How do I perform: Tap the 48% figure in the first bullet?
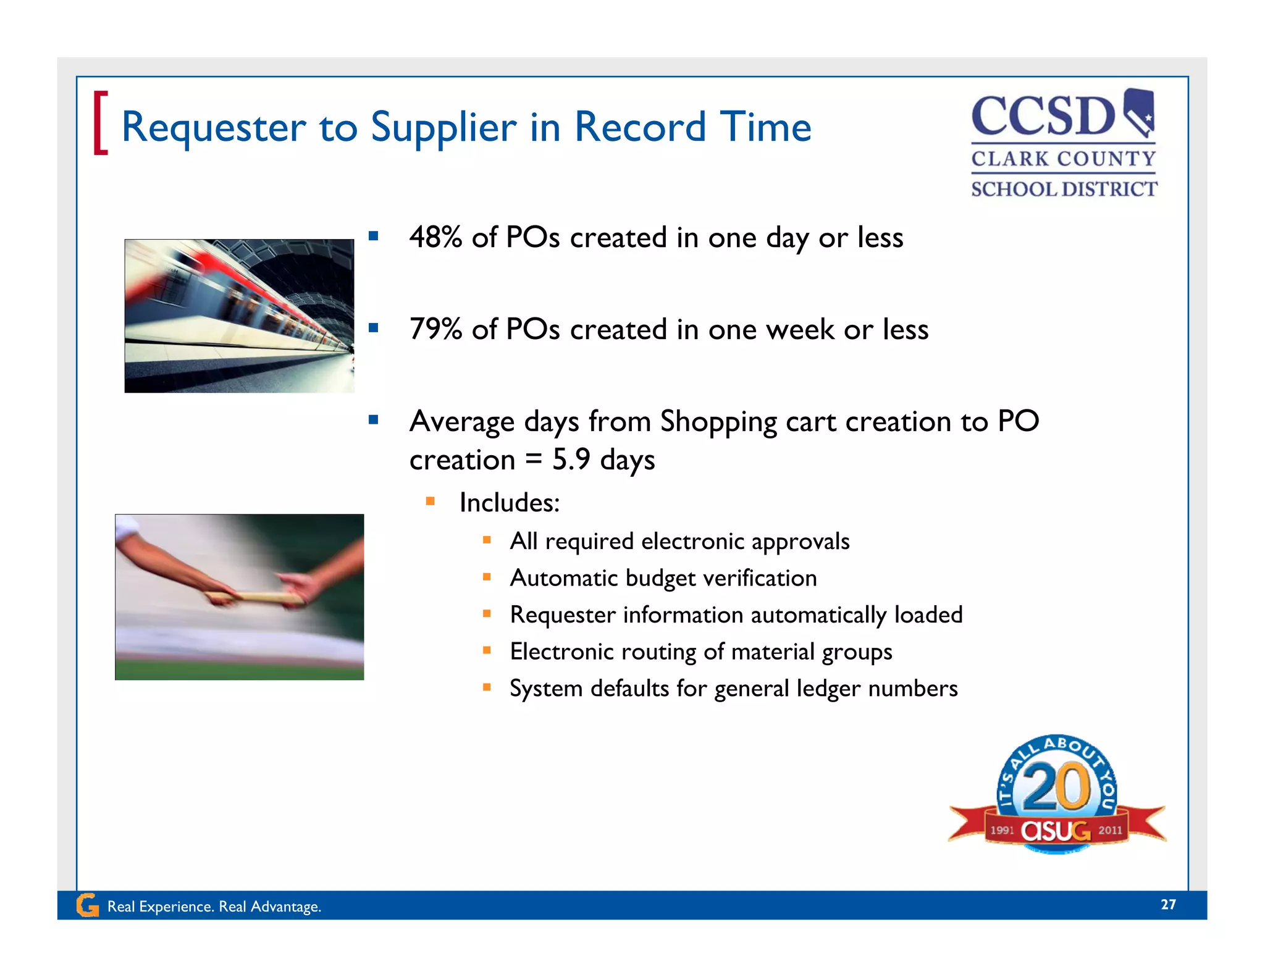[435, 237]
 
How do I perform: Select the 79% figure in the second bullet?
[435, 329]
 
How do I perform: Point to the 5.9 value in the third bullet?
[571, 459]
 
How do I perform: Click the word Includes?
[509, 503]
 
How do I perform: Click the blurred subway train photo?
[239, 316]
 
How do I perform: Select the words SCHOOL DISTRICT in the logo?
[1064, 189]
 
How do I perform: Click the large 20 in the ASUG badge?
[1056, 787]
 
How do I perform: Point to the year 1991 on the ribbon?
[1002, 831]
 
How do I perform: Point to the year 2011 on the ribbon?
[1110, 831]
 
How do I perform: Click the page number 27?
[1168, 905]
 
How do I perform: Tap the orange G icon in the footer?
[87, 906]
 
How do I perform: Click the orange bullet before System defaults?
[487, 687]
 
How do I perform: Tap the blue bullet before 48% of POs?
[373, 235]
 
